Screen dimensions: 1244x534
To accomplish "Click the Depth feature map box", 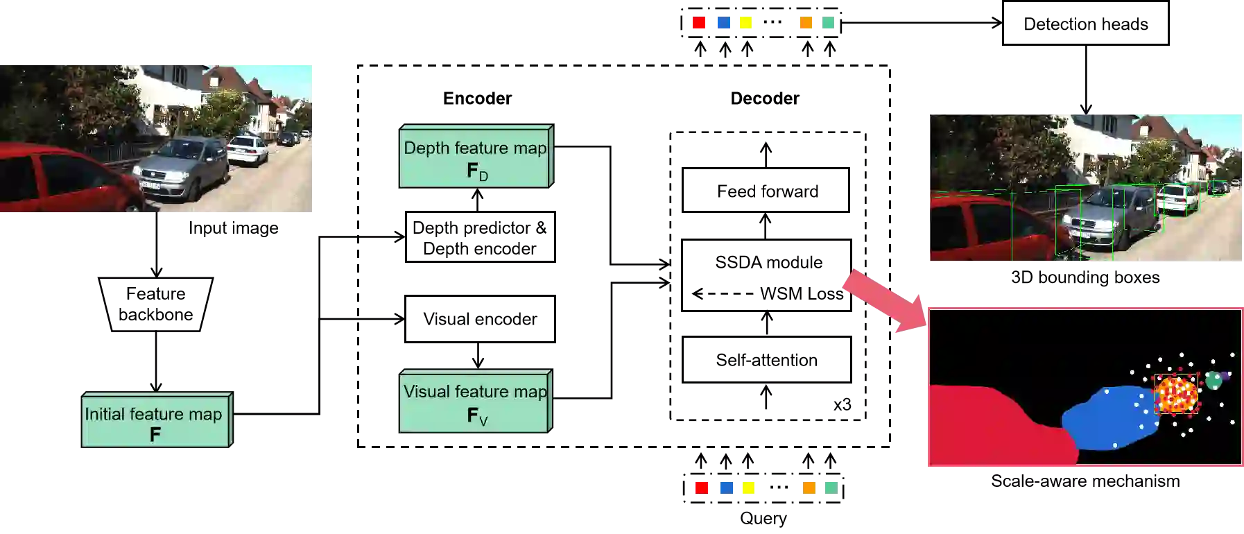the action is pyautogui.click(x=476, y=156).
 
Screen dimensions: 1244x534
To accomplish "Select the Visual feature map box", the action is pyautogui.click(x=476, y=401).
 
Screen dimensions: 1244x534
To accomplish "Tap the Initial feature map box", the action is pyautogui.click(x=155, y=422).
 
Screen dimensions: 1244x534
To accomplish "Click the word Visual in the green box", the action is pyautogui.click(x=424, y=391).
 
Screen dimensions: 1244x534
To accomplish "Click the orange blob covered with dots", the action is pyautogui.click(x=1177, y=395).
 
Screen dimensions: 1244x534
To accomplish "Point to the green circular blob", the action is pyautogui.click(x=1213, y=380).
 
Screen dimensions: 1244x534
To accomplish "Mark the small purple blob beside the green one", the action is pyautogui.click(x=1225, y=376).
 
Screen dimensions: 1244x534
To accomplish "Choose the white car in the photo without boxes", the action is pyautogui.click(x=248, y=149).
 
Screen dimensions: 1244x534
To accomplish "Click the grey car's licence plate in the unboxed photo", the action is pyautogui.click(x=150, y=185).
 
